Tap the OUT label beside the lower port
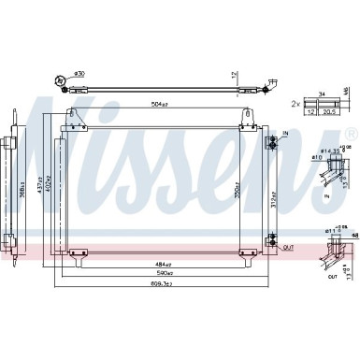click(288, 222)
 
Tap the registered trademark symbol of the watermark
click(350, 133)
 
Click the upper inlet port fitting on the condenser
click(272, 142)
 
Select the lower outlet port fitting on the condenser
click(272, 221)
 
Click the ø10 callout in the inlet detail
click(317, 158)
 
